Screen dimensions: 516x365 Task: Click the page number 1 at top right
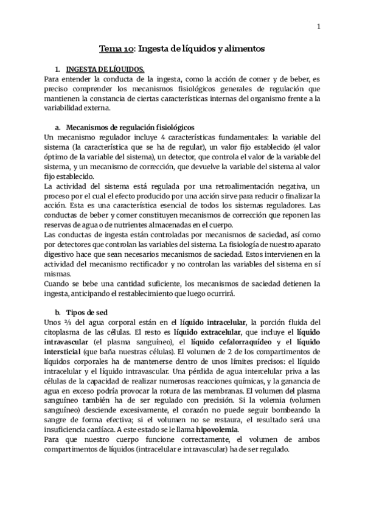click(318, 26)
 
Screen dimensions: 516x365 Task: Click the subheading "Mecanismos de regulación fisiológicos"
click(130, 127)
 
